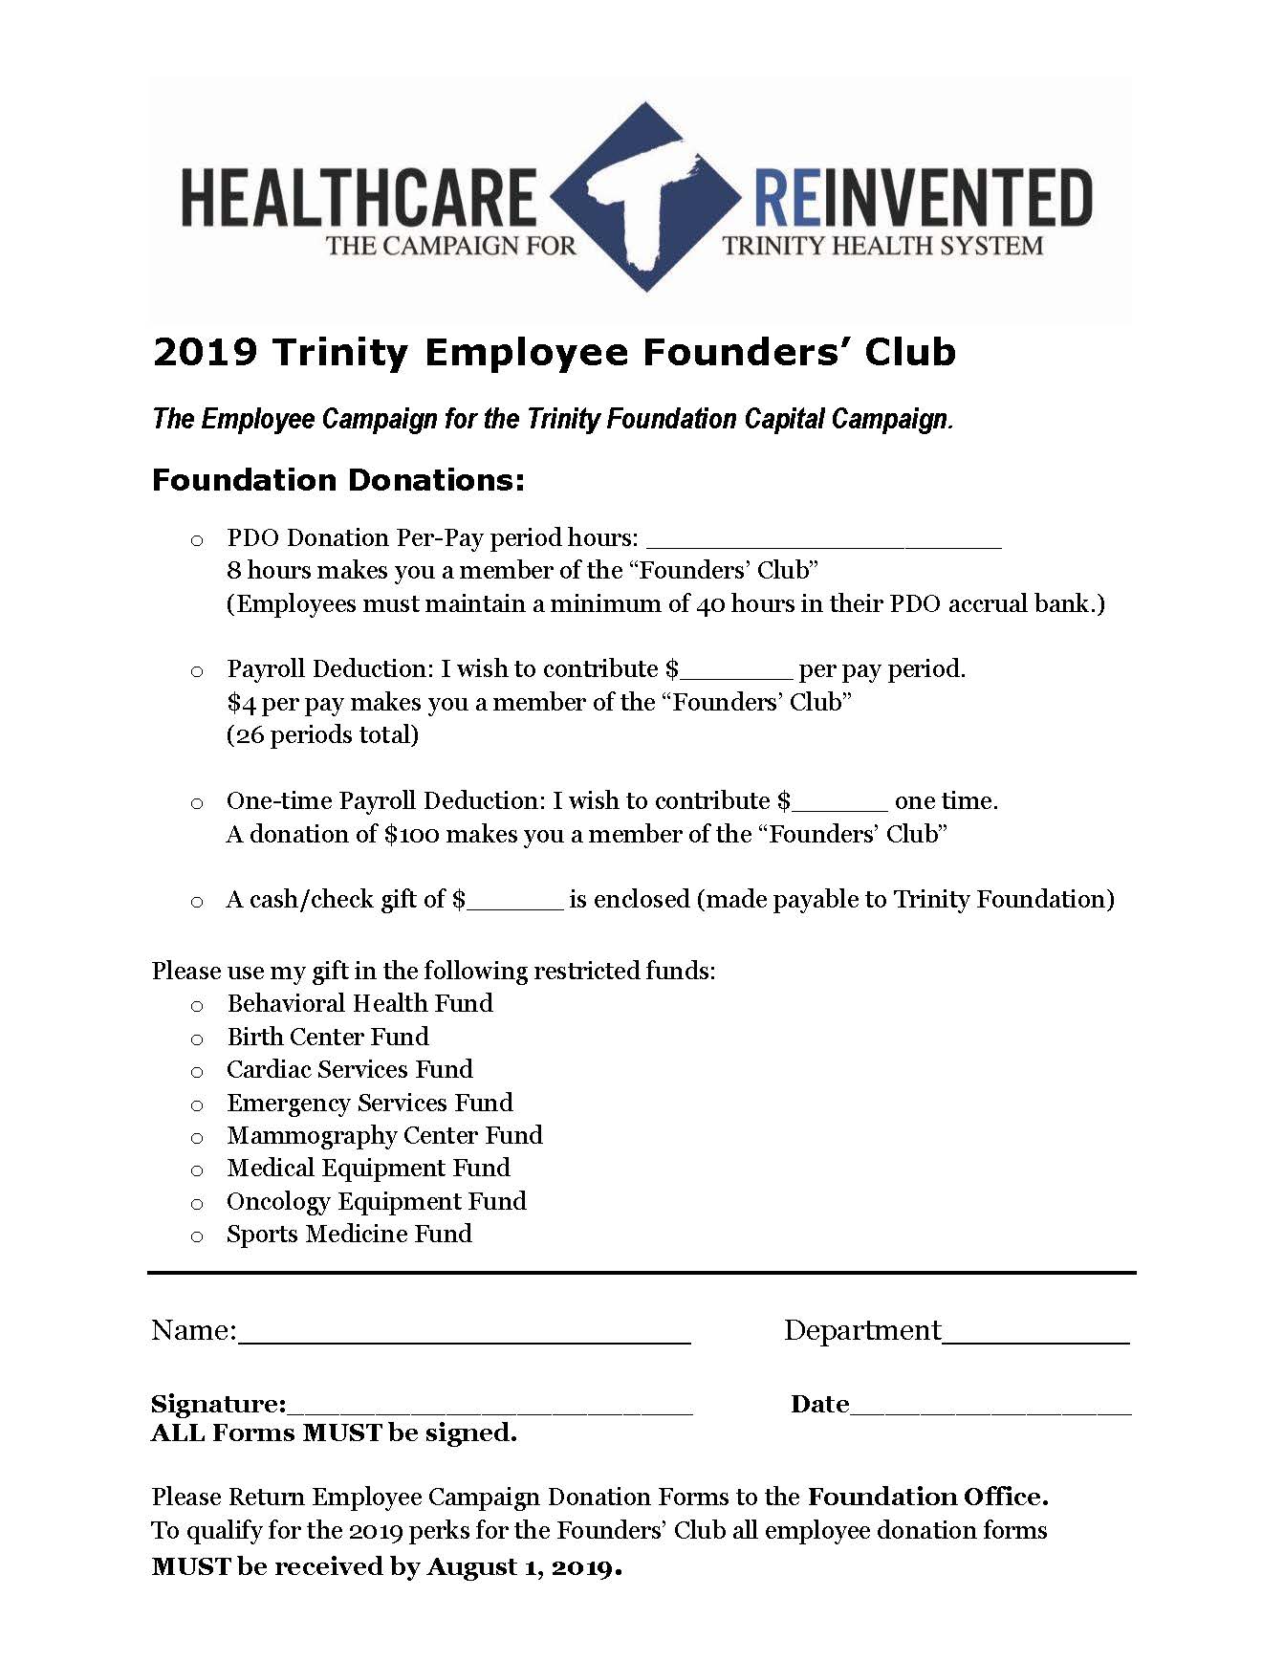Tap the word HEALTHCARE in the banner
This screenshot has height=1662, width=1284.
(x=358, y=197)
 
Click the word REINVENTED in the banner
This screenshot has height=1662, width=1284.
(x=923, y=197)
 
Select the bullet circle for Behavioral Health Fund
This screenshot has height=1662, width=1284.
(x=197, y=1006)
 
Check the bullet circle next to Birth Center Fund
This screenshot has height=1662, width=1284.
(x=197, y=1039)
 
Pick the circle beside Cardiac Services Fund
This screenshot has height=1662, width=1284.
(x=197, y=1072)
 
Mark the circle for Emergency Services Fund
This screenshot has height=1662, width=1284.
(x=197, y=1105)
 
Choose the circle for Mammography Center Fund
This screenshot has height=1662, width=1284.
(x=197, y=1138)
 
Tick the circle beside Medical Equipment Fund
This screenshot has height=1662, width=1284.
(x=197, y=1170)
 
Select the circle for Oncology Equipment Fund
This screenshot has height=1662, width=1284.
(x=197, y=1204)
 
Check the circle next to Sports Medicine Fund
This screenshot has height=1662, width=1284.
(x=197, y=1236)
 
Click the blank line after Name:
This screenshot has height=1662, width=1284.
(x=464, y=1335)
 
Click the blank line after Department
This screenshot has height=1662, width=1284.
(x=1035, y=1335)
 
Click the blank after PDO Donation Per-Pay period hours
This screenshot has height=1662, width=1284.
(x=823, y=540)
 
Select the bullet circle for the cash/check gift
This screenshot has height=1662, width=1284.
(x=197, y=902)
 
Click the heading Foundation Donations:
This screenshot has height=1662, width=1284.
(x=338, y=480)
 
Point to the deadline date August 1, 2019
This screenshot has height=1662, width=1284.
(x=524, y=1566)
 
